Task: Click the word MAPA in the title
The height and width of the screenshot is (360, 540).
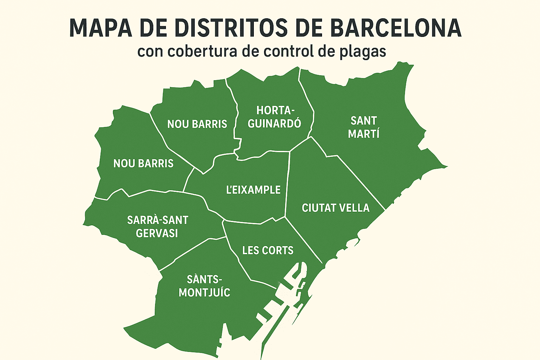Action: pyautogui.click(x=101, y=28)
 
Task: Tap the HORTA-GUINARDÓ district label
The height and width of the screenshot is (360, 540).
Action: pyautogui.click(x=274, y=117)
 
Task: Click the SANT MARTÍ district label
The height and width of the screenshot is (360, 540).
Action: pyautogui.click(x=364, y=127)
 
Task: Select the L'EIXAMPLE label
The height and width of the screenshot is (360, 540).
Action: pyautogui.click(x=253, y=190)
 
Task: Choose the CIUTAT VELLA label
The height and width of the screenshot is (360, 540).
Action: pyautogui.click(x=336, y=208)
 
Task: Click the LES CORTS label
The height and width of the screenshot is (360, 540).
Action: pyautogui.click(x=268, y=250)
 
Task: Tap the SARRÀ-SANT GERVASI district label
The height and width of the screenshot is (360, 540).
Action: pyautogui.click(x=157, y=226)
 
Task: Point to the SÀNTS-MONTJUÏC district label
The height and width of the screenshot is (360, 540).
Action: pyautogui.click(x=204, y=286)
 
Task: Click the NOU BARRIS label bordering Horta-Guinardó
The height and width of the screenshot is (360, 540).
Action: pyautogui.click(x=197, y=124)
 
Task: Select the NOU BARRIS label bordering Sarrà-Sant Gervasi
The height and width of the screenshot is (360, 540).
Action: pyautogui.click(x=143, y=163)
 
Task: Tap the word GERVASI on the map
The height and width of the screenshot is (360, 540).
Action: pyautogui.click(x=157, y=233)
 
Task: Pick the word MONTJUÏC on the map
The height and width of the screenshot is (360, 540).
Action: pyautogui.click(x=204, y=292)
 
